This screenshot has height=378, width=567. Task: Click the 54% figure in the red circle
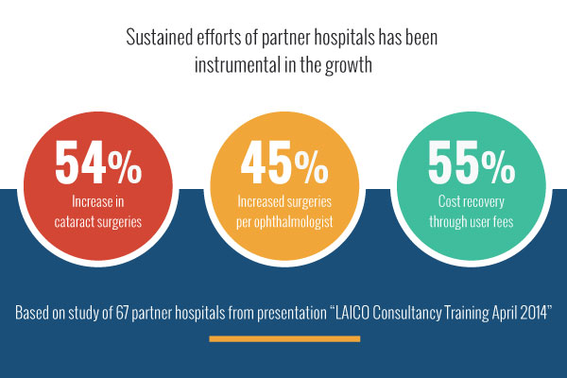coord(98,162)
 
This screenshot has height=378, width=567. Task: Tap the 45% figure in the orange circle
coord(284,162)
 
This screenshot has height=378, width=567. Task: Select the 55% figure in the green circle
coord(472,162)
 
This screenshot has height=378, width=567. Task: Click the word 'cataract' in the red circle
coord(75,221)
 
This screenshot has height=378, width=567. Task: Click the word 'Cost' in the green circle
coord(448,201)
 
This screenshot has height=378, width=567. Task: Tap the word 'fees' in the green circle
coord(503,221)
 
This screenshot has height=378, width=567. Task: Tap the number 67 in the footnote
coord(122,313)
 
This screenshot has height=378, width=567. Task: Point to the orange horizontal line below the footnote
coord(284,339)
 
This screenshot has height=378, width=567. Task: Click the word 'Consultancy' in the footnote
coord(406,313)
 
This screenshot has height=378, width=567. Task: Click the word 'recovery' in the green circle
coord(483,202)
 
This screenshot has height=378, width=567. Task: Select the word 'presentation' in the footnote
coord(292,313)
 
